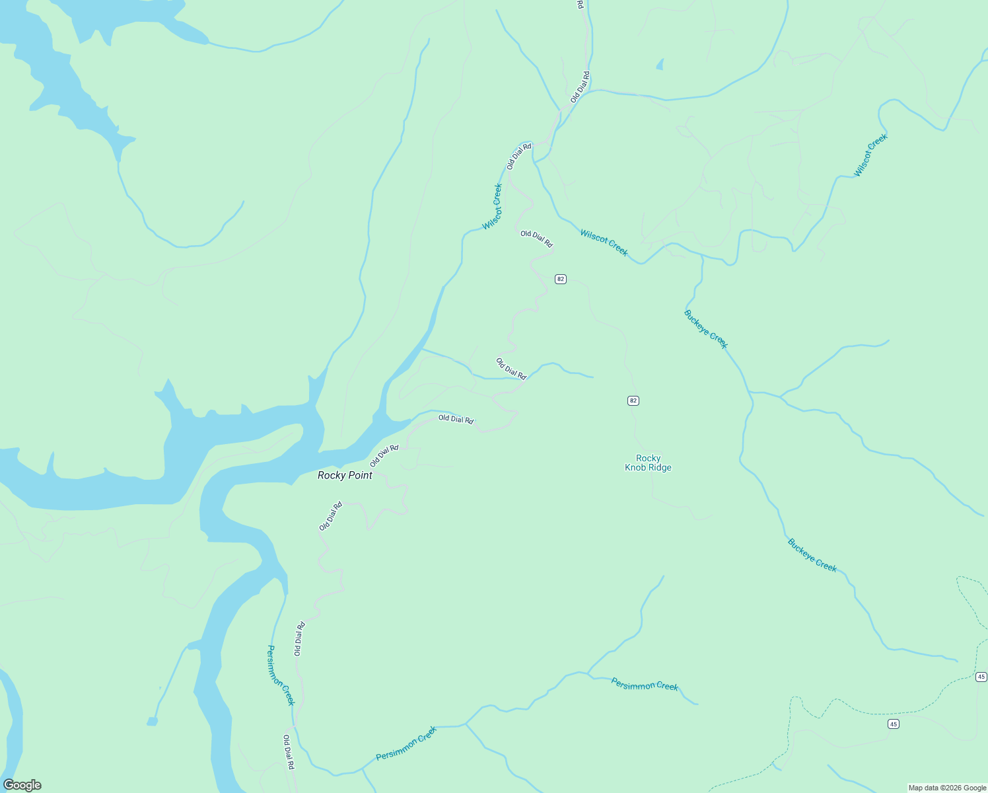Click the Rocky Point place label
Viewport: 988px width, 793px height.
(345, 475)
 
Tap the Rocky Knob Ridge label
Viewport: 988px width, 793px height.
(648, 463)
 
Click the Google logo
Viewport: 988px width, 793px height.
(22, 785)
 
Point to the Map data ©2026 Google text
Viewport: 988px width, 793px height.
(947, 788)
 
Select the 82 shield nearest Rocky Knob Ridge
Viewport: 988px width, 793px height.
(633, 400)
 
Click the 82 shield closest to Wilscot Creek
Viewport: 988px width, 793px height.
(561, 279)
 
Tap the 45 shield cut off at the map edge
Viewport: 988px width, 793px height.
(981, 677)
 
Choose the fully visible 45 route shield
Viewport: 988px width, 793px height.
(894, 724)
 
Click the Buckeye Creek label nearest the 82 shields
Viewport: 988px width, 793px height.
(706, 328)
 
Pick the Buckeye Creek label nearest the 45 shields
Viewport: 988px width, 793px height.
(812, 555)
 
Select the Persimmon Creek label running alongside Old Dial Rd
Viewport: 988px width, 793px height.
(281, 675)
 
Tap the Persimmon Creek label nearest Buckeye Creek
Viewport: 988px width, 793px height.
(645, 685)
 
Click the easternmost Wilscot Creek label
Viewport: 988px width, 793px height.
(870, 155)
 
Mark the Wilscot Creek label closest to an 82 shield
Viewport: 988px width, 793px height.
(604, 243)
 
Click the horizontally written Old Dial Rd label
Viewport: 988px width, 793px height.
(456, 419)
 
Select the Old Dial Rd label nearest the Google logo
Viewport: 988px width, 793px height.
(288, 752)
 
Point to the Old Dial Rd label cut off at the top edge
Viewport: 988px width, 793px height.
(580, 4)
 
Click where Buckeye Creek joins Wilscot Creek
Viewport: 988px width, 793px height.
(702, 256)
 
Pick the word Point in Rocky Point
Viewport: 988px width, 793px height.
(361, 475)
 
